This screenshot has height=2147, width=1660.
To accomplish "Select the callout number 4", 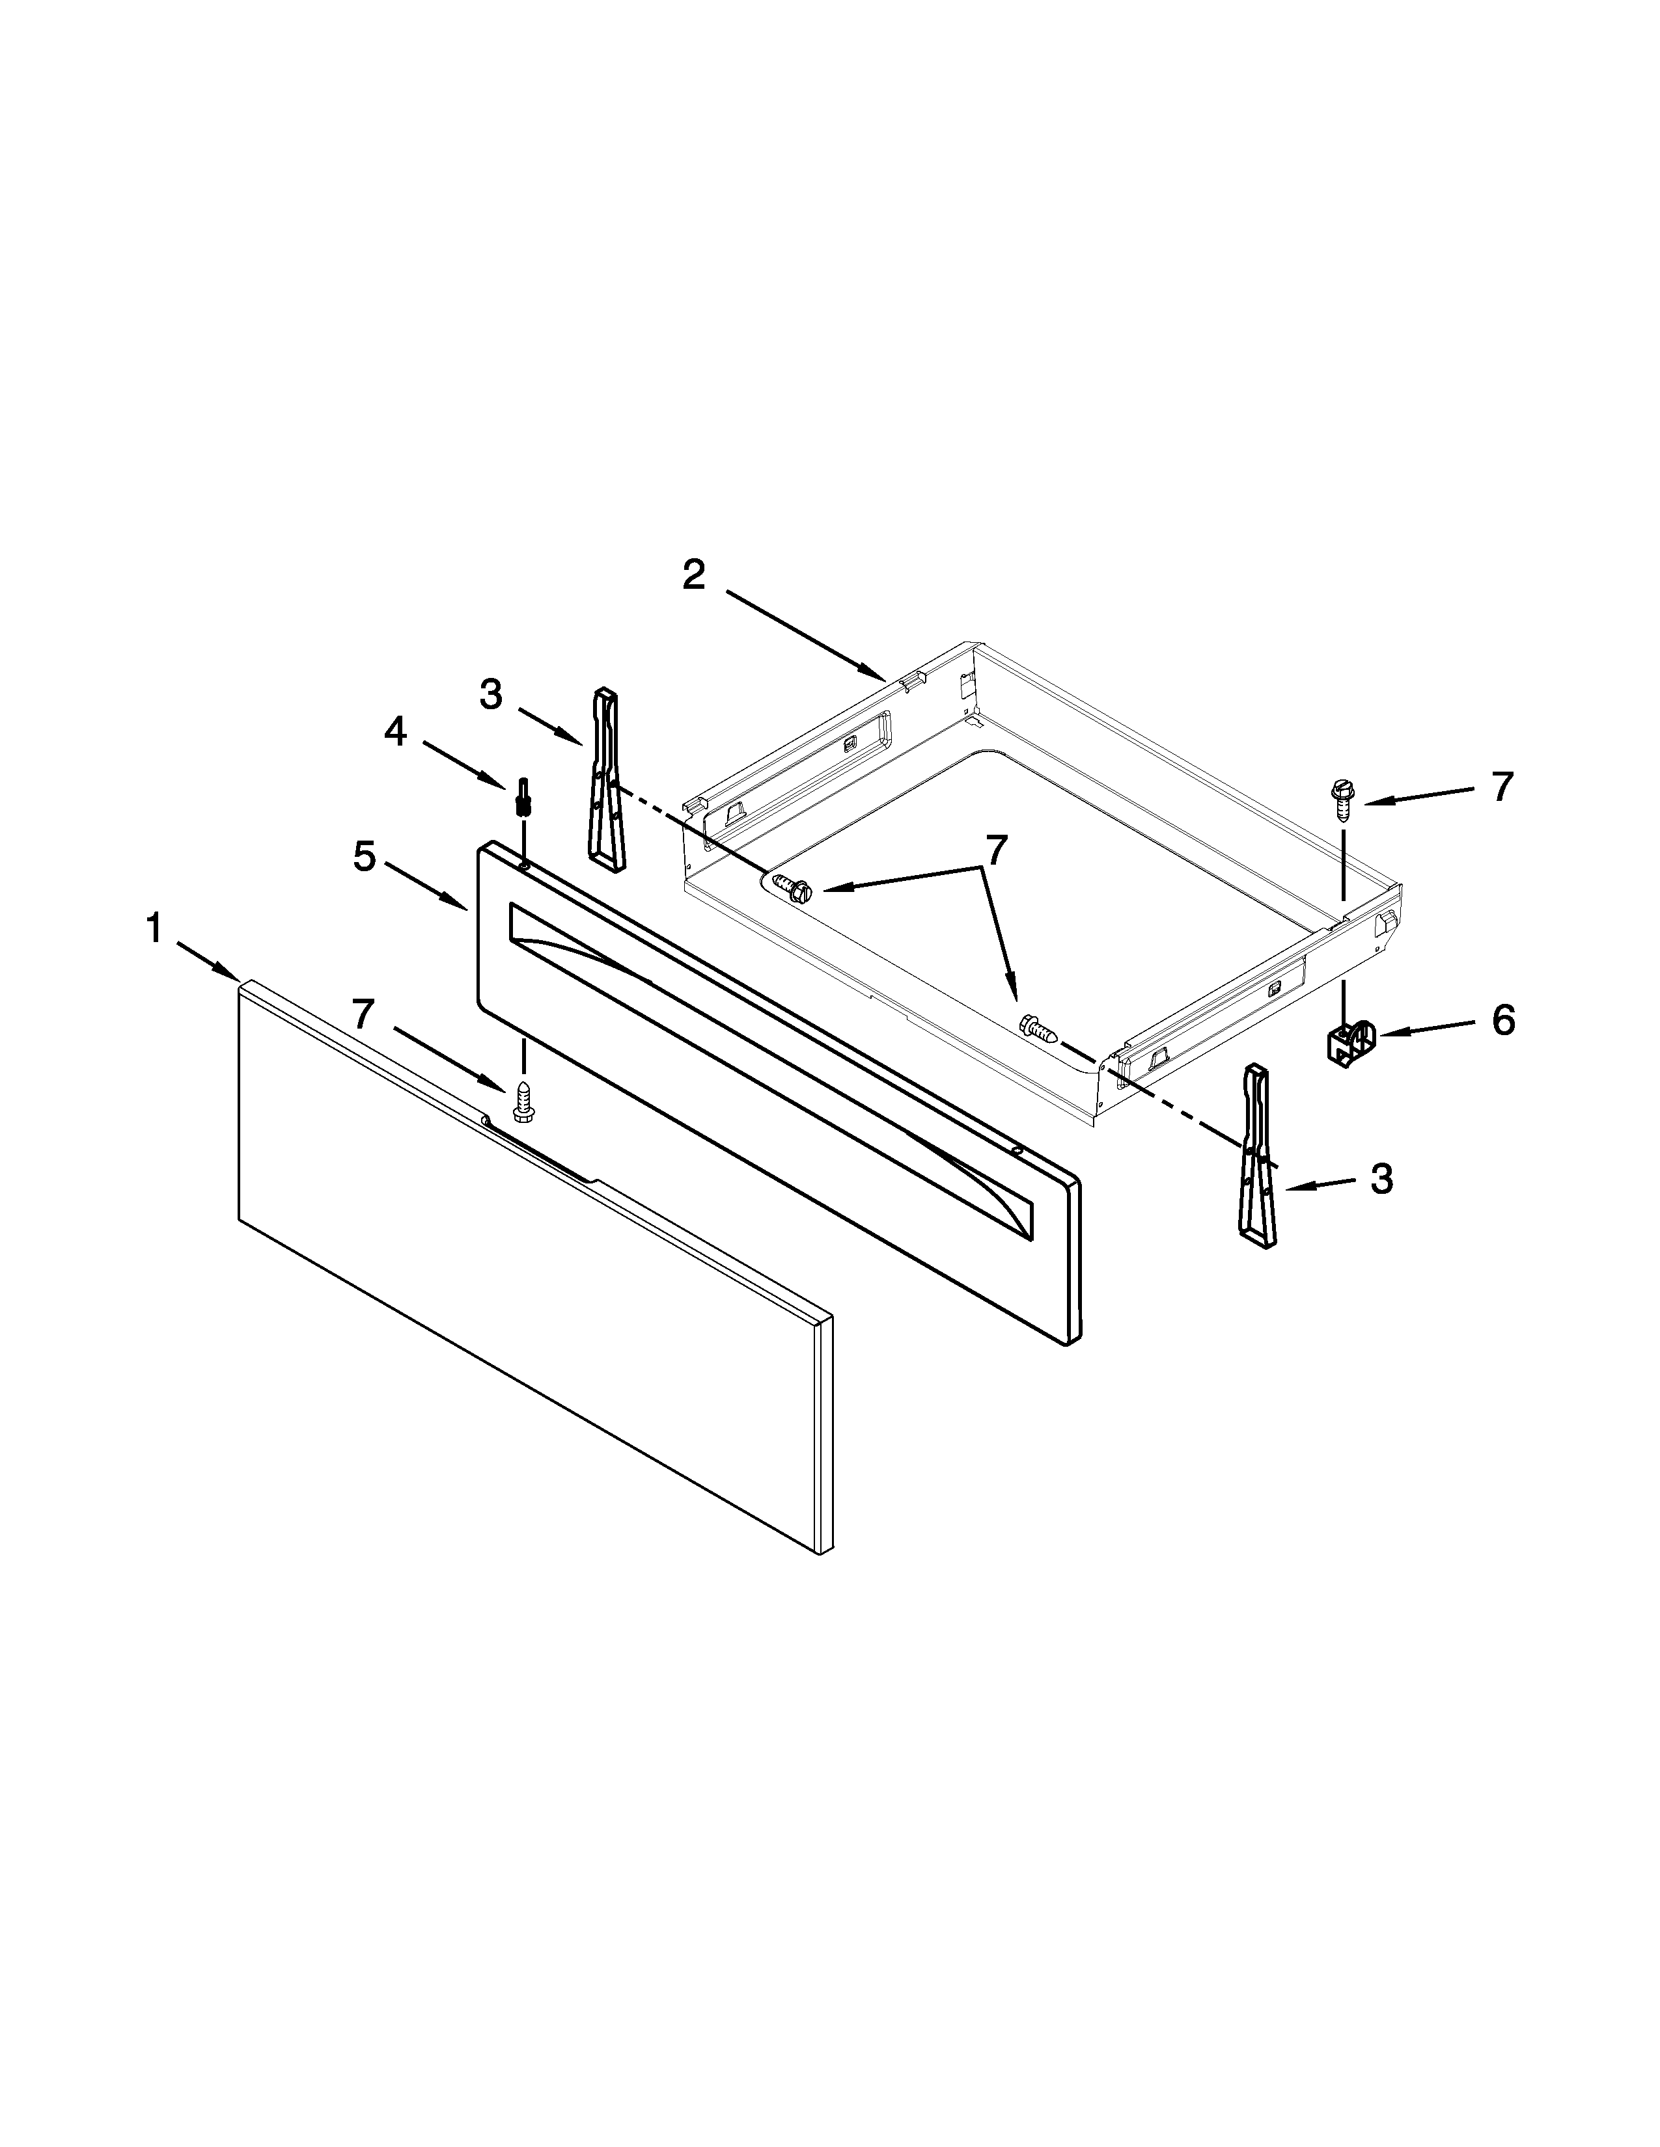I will [x=394, y=731].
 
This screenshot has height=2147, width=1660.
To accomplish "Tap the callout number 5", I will [x=364, y=857].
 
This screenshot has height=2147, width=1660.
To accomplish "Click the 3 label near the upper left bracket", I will [x=491, y=696].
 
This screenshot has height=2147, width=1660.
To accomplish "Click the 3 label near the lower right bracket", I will [x=1381, y=1179].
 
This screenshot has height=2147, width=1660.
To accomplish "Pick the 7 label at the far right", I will [x=1501, y=787].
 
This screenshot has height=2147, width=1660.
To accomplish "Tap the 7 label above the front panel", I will [x=364, y=1014].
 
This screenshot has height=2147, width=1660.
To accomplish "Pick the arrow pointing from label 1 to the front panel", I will [x=208, y=960].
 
